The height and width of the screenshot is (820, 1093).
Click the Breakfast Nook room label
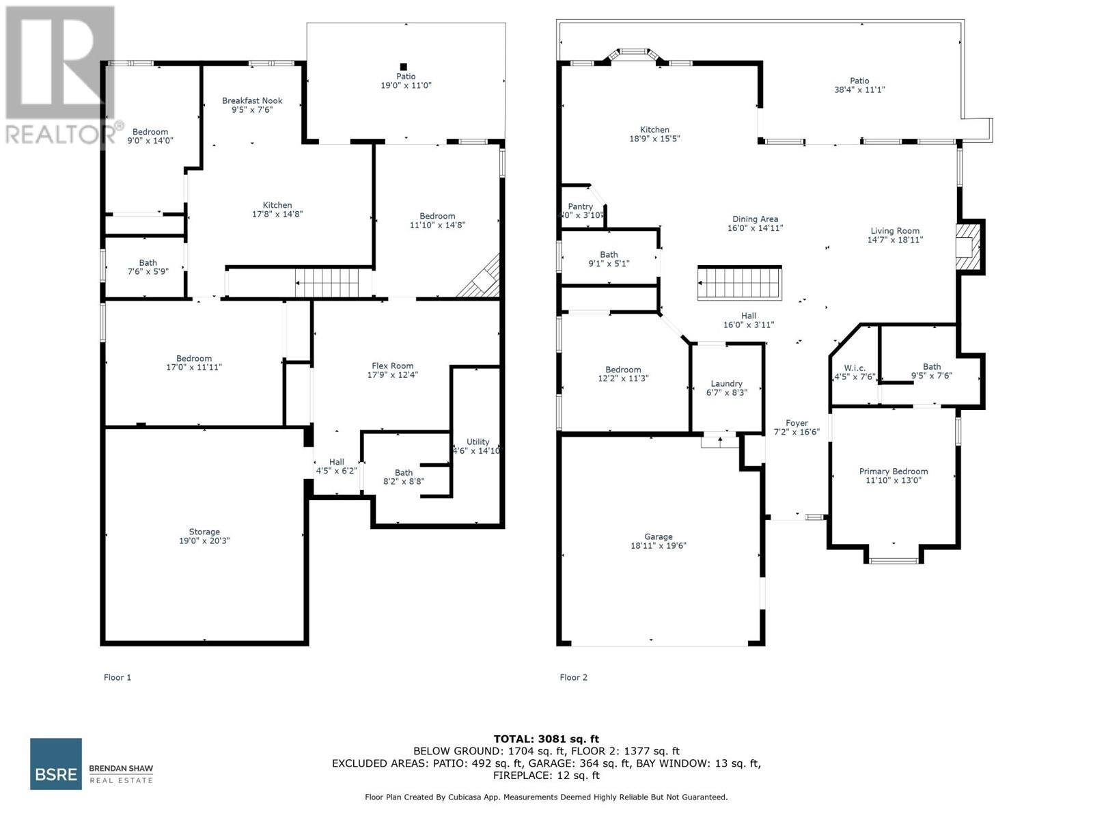pyautogui.click(x=252, y=105)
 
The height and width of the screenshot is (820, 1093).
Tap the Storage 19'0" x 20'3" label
pyautogui.click(x=204, y=536)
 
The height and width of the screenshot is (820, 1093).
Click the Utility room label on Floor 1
pyautogui.click(x=478, y=446)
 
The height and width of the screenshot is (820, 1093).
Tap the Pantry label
pyautogui.click(x=580, y=210)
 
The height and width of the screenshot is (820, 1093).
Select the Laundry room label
pyautogui.click(x=726, y=388)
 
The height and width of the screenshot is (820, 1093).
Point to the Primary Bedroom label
pyautogui.click(x=893, y=476)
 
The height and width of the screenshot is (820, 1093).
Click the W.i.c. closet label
pyautogui.click(x=854, y=372)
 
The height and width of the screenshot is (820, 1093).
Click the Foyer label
pyautogui.click(x=797, y=427)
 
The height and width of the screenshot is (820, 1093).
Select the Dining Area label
pyautogui.click(x=755, y=223)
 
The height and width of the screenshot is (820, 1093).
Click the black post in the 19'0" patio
pyautogui.click(x=403, y=66)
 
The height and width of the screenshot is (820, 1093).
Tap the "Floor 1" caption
pyautogui.click(x=117, y=677)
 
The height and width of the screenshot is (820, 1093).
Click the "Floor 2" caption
pyautogui.click(x=573, y=677)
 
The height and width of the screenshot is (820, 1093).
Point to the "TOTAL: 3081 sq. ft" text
pyautogui.click(x=546, y=739)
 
